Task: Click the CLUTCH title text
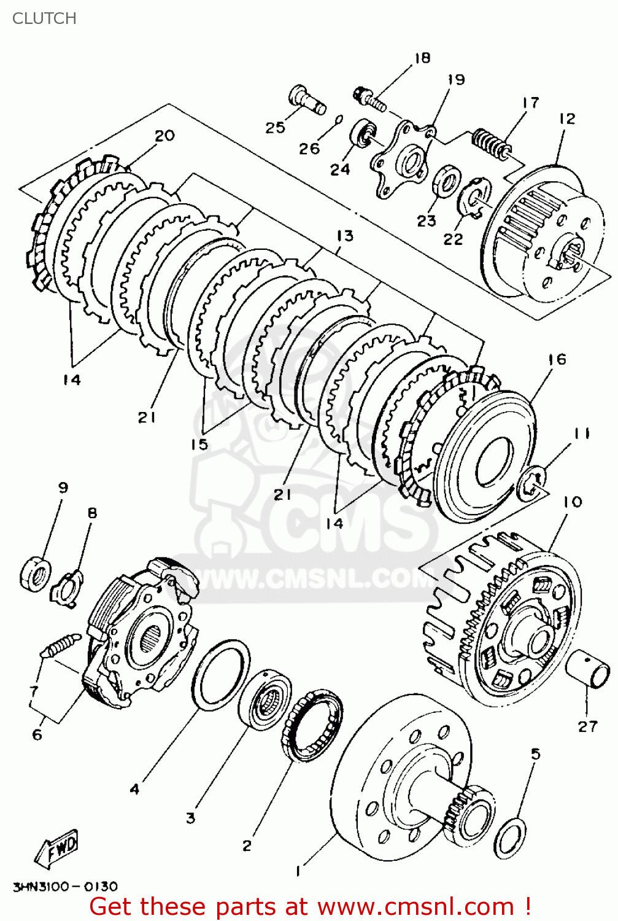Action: point(44,18)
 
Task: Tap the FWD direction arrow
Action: point(58,849)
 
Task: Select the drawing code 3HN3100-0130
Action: point(65,886)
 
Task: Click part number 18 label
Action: point(422,58)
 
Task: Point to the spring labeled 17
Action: point(491,144)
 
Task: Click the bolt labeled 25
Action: point(306,101)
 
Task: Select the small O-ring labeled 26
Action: point(339,119)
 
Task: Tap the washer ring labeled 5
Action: point(510,839)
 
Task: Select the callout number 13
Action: point(345,236)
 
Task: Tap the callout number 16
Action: point(557,359)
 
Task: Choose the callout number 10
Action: point(572,502)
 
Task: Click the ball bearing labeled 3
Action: point(265,700)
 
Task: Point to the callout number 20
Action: point(164,135)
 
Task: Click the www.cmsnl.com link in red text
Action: point(417,906)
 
